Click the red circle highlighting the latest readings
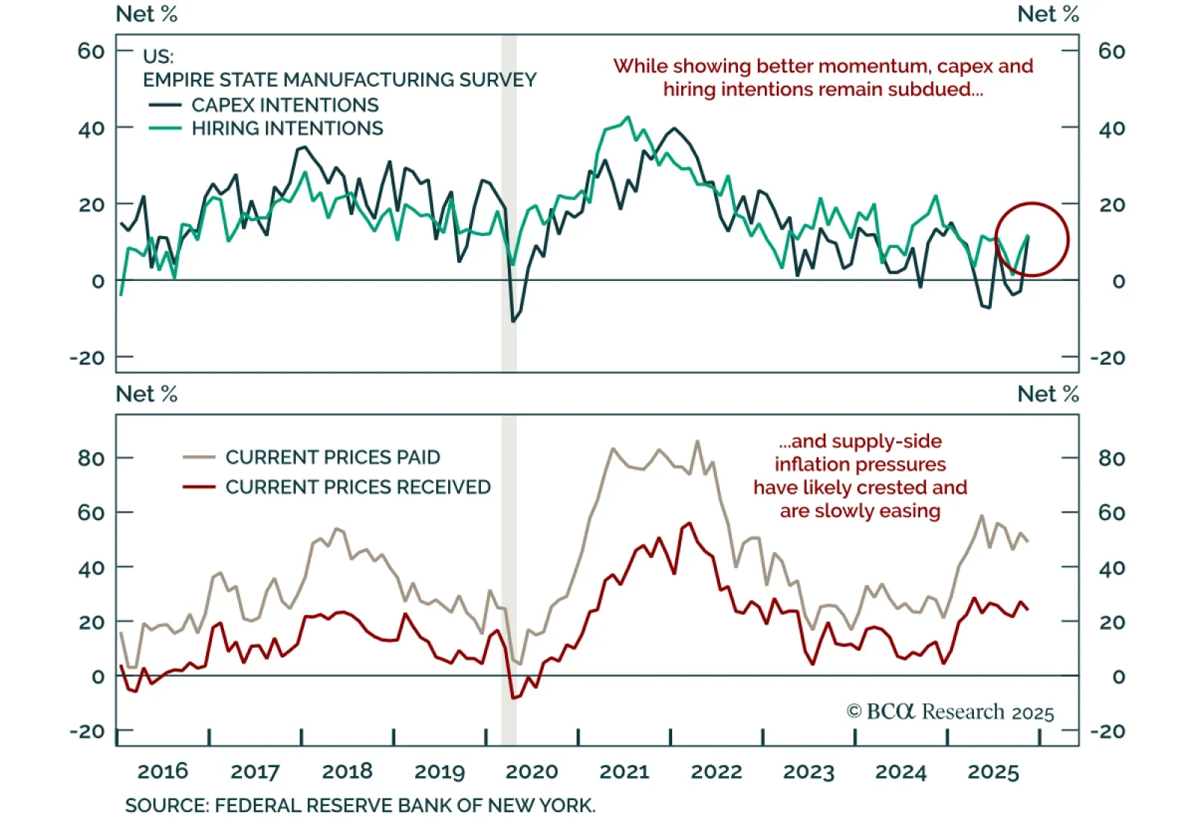1031,239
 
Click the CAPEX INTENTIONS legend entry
284,105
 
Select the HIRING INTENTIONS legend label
287,128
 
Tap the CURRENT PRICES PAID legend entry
332,457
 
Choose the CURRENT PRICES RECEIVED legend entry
358,487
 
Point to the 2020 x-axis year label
533,772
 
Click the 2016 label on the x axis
163,772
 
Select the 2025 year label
993,772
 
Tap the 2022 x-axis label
716,772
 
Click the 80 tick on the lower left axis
91,458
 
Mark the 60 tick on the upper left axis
91,51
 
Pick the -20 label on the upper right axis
1108,358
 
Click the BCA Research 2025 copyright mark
950,712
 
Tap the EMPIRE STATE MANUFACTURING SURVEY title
340,80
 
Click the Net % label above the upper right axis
1048,14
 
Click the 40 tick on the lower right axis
1111,568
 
